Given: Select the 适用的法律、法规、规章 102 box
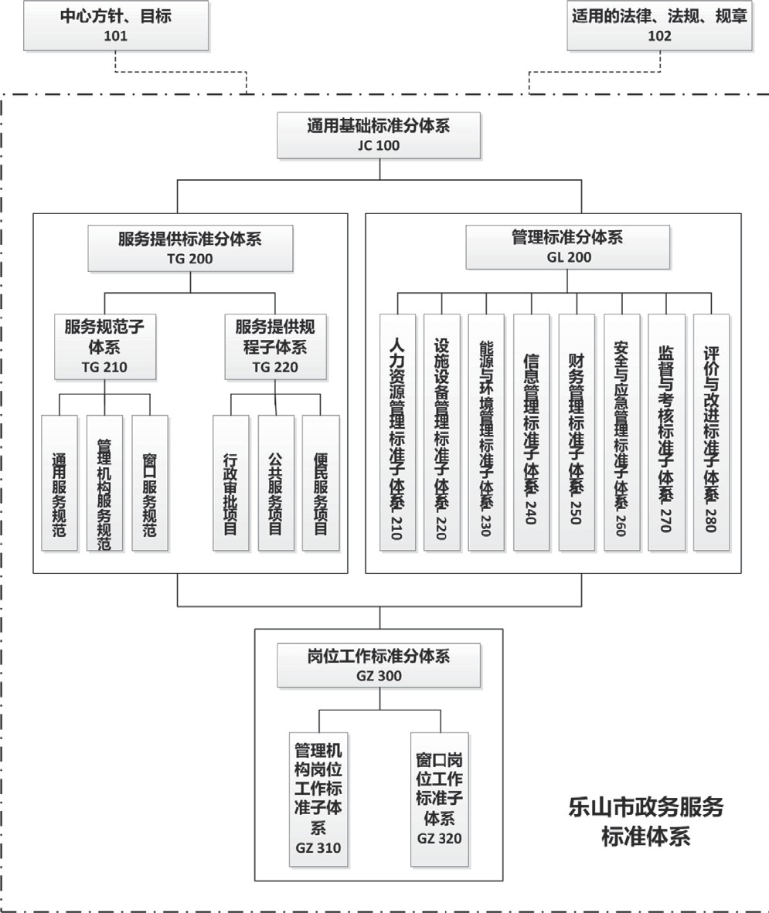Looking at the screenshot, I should tap(659, 25).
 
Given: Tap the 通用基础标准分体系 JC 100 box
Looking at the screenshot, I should tap(379, 135).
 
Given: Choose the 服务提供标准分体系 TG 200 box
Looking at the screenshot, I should tap(190, 249).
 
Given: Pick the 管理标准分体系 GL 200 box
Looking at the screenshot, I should tap(567, 248).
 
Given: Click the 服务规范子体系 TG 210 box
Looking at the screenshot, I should tap(104, 347).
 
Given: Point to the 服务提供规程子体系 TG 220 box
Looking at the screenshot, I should tap(275, 347).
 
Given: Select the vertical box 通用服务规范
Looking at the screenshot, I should tap(60, 483).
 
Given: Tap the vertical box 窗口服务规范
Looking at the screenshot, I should tap(150, 483).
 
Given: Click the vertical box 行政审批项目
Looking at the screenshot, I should tap(230, 483).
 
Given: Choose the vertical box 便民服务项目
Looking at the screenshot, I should tap(321, 483).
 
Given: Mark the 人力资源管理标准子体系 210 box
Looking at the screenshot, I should tap(397, 433).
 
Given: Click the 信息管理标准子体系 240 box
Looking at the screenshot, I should tap(532, 433).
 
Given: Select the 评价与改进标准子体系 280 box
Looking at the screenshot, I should tap(711, 433).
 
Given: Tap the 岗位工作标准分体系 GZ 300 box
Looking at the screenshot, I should tap(379, 666).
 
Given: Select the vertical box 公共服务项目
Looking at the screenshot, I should tap(275, 483).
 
